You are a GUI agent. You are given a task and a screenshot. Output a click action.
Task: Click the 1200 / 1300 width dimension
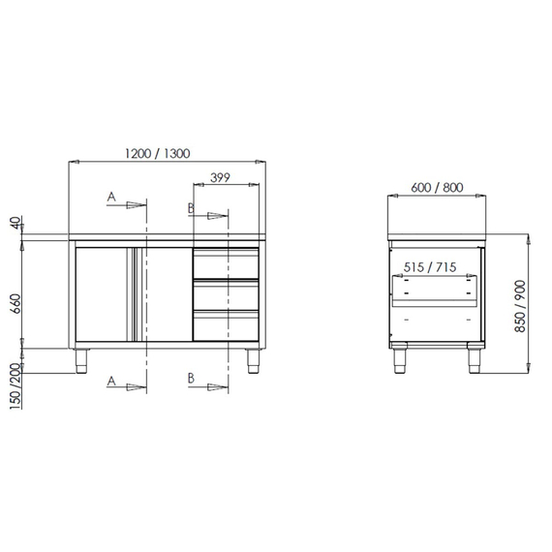click(157, 152)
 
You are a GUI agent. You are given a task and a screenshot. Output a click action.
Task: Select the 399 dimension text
click(220, 176)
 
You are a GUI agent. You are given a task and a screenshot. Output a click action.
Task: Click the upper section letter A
click(112, 198)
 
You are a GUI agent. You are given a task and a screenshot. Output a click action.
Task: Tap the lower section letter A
click(112, 383)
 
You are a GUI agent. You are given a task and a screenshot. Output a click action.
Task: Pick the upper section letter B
click(191, 208)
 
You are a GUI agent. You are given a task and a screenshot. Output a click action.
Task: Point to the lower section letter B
click(191, 383)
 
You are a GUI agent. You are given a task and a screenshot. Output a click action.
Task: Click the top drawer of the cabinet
click(226, 262)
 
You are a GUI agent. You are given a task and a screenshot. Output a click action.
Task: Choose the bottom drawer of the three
click(226, 325)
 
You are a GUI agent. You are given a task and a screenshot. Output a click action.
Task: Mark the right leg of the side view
click(475, 360)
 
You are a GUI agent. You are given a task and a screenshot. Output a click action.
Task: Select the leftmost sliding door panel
click(104, 294)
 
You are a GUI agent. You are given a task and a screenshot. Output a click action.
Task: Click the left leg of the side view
click(398, 360)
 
